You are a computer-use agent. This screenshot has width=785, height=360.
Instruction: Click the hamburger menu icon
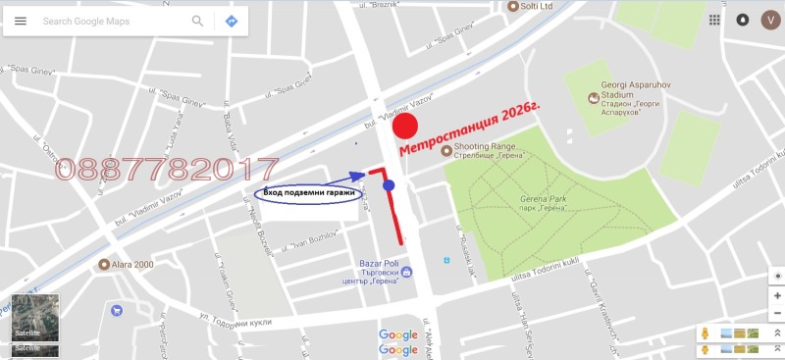click(21, 21)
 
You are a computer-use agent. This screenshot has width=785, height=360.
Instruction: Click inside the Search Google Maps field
click(108, 21)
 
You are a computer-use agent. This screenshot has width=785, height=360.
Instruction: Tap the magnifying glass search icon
click(198, 21)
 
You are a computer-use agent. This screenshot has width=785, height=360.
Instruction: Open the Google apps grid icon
click(715, 20)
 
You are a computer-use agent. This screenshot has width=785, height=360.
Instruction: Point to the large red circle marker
click(405, 127)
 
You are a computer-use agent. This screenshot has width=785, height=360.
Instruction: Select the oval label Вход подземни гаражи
click(309, 194)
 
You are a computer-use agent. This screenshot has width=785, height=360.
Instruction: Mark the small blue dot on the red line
click(389, 185)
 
